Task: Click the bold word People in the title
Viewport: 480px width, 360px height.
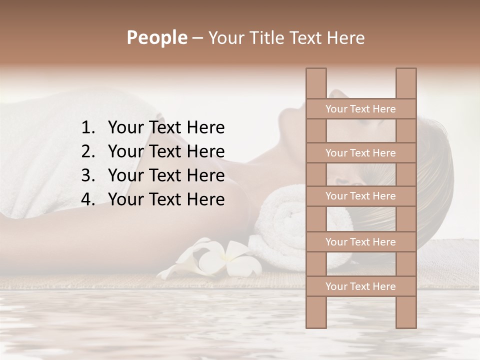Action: click(156, 37)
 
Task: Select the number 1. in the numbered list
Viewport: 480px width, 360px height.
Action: click(88, 127)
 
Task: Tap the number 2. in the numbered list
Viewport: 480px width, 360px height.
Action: click(88, 151)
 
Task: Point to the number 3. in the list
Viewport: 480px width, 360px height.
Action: click(88, 175)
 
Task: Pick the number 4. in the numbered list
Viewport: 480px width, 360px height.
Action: click(88, 199)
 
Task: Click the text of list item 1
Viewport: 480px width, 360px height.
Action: click(166, 127)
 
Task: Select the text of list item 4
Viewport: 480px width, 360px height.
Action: click(166, 199)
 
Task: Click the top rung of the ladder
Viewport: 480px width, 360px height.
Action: click(360, 109)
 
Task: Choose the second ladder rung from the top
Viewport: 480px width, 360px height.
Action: click(360, 153)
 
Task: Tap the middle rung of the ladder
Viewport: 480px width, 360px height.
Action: click(360, 196)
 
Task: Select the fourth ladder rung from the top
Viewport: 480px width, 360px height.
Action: click(360, 242)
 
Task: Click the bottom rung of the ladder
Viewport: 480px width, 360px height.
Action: click(360, 286)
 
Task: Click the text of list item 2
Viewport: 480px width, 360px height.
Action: click(166, 151)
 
